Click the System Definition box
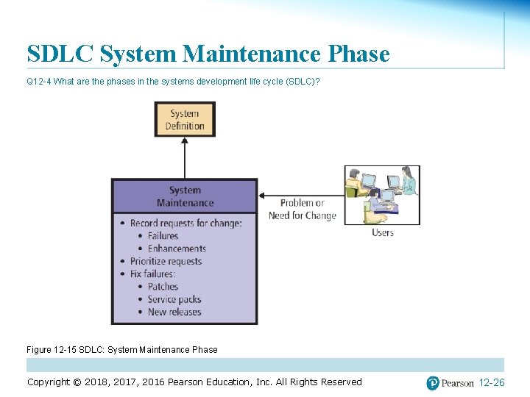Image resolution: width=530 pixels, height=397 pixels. (x=184, y=119)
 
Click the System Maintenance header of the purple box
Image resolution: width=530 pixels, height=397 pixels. (x=185, y=197)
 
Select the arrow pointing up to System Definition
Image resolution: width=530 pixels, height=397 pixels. (x=185, y=157)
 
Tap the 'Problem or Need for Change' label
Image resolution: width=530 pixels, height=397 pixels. (x=302, y=210)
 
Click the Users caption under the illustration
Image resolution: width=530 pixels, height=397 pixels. (x=383, y=233)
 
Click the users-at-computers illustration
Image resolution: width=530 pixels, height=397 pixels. (x=382, y=195)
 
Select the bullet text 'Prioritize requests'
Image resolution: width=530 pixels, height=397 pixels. (x=166, y=261)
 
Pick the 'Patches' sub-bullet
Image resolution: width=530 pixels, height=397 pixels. (x=163, y=287)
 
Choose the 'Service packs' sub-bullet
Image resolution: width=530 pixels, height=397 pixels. (x=174, y=299)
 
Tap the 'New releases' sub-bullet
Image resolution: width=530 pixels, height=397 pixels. (x=174, y=312)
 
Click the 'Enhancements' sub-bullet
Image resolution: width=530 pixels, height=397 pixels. (x=177, y=248)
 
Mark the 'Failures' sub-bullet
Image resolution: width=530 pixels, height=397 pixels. (x=163, y=236)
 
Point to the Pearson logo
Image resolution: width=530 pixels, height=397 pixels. (x=450, y=383)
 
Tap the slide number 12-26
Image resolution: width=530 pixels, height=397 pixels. (x=492, y=383)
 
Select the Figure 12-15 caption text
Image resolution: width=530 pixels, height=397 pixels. (x=122, y=350)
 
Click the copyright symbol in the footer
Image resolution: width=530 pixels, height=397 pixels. (x=77, y=382)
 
